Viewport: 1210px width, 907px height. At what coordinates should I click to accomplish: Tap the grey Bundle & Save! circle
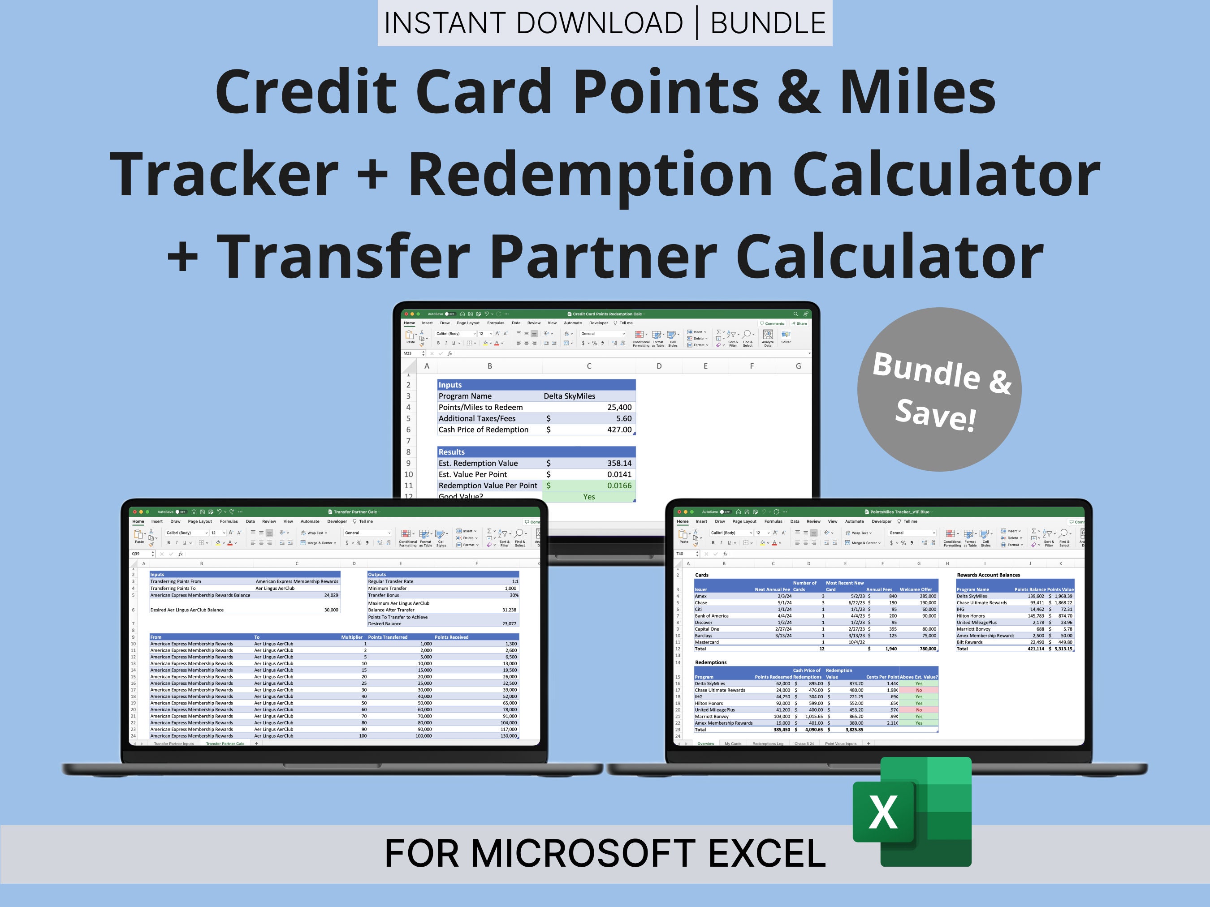point(939,389)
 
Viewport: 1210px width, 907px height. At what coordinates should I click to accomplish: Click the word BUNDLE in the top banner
point(768,23)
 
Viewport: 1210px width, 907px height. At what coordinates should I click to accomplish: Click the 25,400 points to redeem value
point(619,407)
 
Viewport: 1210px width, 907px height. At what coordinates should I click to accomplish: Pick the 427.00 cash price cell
point(619,430)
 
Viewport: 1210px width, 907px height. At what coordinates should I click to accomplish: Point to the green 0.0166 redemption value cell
point(619,486)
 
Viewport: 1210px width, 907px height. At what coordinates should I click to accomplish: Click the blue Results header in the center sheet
point(451,452)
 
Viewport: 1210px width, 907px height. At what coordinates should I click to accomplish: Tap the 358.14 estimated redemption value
point(619,463)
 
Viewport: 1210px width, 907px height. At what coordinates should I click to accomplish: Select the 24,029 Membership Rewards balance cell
point(331,595)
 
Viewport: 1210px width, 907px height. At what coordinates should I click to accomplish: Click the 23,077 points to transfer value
point(509,623)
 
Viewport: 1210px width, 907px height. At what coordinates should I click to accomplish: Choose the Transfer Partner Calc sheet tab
point(225,744)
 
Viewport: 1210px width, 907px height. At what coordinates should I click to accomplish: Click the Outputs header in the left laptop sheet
point(377,575)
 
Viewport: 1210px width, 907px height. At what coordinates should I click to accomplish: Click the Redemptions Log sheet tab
point(768,744)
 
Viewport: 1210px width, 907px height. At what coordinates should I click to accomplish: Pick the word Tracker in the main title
point(224,174)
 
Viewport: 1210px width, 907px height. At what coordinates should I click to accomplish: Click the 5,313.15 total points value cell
point(1063,649)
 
